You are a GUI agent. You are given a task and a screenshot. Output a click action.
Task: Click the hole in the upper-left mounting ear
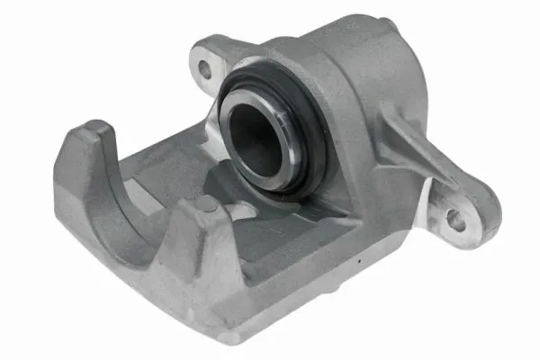click(205, 67)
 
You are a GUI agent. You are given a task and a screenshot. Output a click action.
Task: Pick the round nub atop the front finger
click(206, 205)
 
